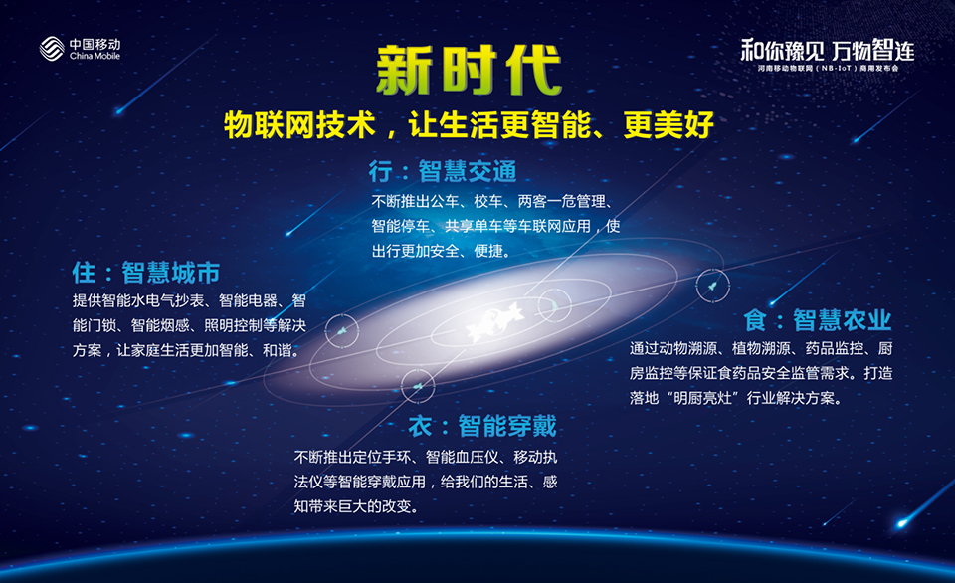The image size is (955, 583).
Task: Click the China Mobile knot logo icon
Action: coord(52,49)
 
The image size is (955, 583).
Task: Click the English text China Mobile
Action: coord(95,56)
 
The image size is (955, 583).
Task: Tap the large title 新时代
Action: coord(469,70)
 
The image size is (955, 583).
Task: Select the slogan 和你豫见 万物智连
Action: coord(828,50)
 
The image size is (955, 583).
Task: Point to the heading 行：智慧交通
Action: coord(443,171)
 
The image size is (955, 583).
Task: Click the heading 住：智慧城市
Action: coord(145,273)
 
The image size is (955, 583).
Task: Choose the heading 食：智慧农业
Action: coord(818,319)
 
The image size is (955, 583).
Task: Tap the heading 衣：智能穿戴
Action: coord(482,426)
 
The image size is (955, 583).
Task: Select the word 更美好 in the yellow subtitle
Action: coord(668,125)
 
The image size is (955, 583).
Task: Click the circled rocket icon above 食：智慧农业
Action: coord(712,286)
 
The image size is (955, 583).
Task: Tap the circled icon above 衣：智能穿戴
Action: coord(418,386)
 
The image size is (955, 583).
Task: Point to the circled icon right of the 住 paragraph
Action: coord(341,330)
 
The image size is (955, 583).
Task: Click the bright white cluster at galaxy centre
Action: coord(494,319)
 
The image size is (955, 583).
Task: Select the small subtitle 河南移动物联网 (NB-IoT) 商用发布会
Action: coord(828,69)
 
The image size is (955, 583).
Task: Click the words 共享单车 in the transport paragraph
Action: coord(474,226)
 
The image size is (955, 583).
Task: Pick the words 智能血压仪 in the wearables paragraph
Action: coord(463,457)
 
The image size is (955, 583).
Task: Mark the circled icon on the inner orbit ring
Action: coord(554,304)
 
